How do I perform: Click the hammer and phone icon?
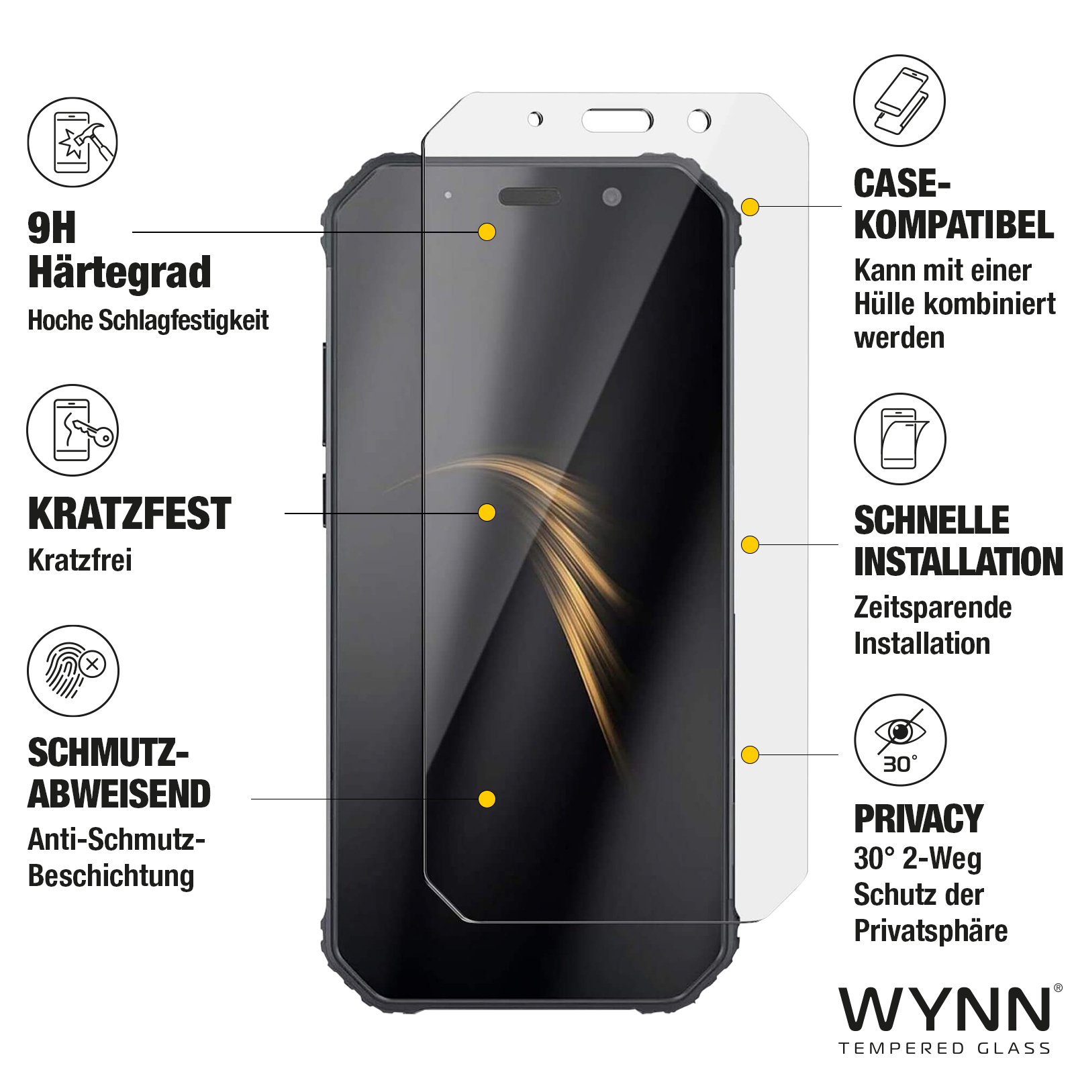tap(72, 142)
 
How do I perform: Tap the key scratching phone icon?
tap(72, 430)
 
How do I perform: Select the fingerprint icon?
tap(72, 671)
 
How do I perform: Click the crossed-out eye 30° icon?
tap(900, 740)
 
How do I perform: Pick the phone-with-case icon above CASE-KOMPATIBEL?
tap(899, 101)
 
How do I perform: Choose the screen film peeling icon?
tap(900, 439)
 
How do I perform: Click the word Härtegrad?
tap(119, 273)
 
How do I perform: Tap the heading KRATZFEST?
tap(130, 514)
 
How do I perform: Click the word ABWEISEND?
tap(119, 794)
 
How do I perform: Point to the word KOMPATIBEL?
tap(954, 225)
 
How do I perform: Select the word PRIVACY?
tap(918, 819)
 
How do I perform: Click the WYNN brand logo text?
tap(945, 1009)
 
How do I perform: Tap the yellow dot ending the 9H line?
tap(487, 232)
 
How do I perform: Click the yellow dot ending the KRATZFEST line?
tap(487, 513)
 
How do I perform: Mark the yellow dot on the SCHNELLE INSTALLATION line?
tap(750, 544)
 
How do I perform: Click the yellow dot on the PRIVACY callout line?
tap(750, 754)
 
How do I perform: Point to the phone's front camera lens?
tap(612, 197)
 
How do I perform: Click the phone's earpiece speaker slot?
tap(530, 197)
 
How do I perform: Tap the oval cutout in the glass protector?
tap(617, 121)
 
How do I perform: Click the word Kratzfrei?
tap(80, 560)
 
